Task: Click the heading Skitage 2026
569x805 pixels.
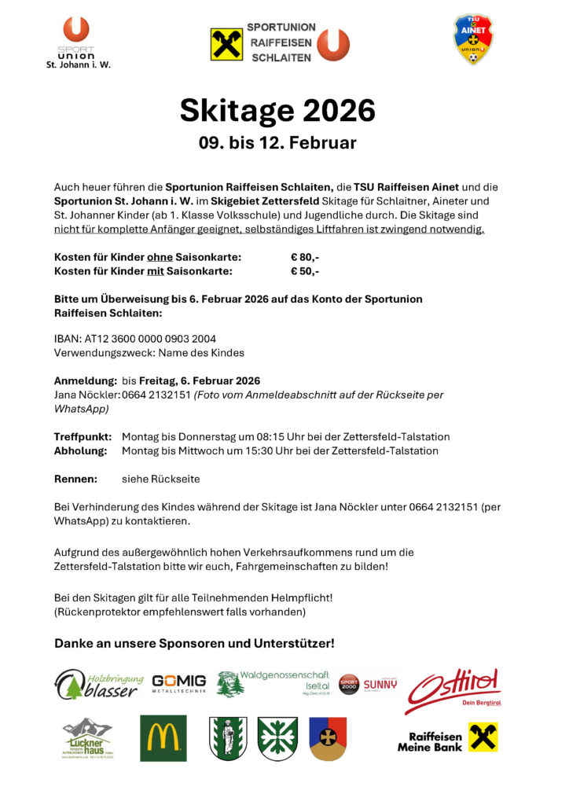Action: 277,111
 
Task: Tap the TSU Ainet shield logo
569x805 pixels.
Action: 473,39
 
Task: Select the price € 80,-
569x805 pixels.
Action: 304,257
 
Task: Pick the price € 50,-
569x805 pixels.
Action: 304,272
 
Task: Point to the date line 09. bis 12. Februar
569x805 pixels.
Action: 277,143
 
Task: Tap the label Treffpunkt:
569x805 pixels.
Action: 83,436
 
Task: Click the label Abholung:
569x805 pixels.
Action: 80,451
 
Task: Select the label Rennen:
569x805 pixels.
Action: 75,479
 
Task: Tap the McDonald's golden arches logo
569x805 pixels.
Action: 163,738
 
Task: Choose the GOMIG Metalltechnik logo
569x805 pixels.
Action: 179,683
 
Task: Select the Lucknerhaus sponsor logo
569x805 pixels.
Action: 88,738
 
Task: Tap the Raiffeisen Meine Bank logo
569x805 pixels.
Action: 447,739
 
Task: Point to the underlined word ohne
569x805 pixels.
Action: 160,257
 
